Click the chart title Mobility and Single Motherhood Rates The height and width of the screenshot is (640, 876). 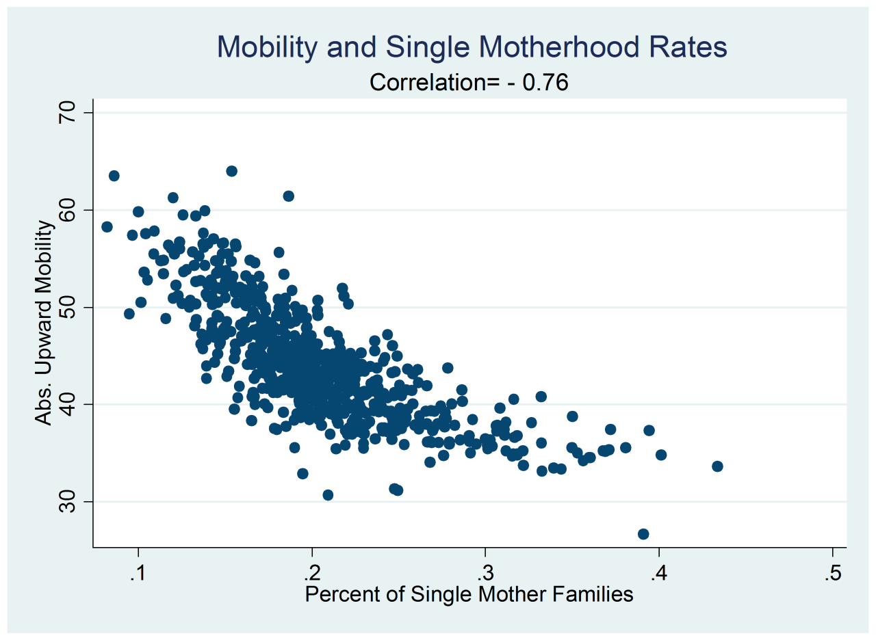[472, 48]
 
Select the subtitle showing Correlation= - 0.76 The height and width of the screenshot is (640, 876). [469, 82]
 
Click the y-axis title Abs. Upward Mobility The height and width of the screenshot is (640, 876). [44, 322]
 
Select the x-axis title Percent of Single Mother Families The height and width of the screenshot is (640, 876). [469, 595]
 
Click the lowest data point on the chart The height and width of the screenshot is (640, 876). [643, 534]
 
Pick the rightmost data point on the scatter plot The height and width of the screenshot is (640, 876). [717, 466]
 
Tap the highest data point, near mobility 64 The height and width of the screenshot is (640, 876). [232, 171]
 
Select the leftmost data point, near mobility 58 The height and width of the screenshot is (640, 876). [107, 227]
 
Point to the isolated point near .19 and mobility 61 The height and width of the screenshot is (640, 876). [289, 196]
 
